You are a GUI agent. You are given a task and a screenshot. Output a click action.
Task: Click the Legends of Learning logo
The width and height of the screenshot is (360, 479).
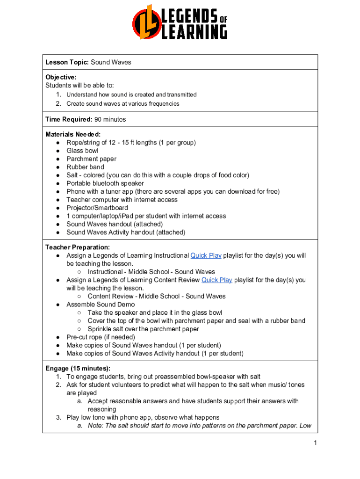click(x=180, y=22)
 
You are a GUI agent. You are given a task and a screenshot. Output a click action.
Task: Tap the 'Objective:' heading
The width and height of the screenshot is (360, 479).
click(x=61, y=77)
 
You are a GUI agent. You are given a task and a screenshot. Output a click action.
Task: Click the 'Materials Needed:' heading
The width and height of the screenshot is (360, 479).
click(x=73, y=134)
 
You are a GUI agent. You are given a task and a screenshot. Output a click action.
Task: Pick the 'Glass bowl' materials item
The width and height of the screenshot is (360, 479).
click(x=82, y=151)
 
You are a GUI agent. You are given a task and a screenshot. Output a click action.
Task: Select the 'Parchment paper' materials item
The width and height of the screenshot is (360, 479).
click(x=92, y=159)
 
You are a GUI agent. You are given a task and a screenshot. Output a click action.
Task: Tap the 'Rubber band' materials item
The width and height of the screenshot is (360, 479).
click(x=86, y=167)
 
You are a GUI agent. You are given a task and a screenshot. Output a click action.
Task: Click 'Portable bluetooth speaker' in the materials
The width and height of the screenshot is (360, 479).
click(x=105, y=183)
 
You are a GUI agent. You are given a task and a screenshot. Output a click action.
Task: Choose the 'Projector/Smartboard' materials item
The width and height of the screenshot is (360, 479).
click(x=97, y=208)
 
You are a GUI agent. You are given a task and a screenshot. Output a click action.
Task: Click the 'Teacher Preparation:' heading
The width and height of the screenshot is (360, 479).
click(x=78, y=247)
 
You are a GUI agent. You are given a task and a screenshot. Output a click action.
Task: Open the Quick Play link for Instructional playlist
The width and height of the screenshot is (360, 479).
click(x=206, y=255)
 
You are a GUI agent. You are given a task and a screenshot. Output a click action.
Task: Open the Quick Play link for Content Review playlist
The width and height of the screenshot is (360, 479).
click(x=216, y=280)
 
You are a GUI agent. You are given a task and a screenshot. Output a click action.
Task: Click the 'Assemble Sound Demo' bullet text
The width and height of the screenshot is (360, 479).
click(x=101, y=305)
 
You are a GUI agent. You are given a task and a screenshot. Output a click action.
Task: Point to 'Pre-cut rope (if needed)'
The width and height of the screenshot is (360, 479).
click(x=101, y=337)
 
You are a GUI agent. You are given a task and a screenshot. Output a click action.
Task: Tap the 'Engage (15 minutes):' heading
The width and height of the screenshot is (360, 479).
click(x=78, y=369)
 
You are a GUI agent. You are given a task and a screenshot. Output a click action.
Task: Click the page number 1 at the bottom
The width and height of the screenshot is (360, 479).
click(x=316, y=443)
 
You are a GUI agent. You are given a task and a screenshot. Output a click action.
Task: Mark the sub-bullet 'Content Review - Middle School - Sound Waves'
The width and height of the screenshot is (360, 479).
click(x=157, y=296)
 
